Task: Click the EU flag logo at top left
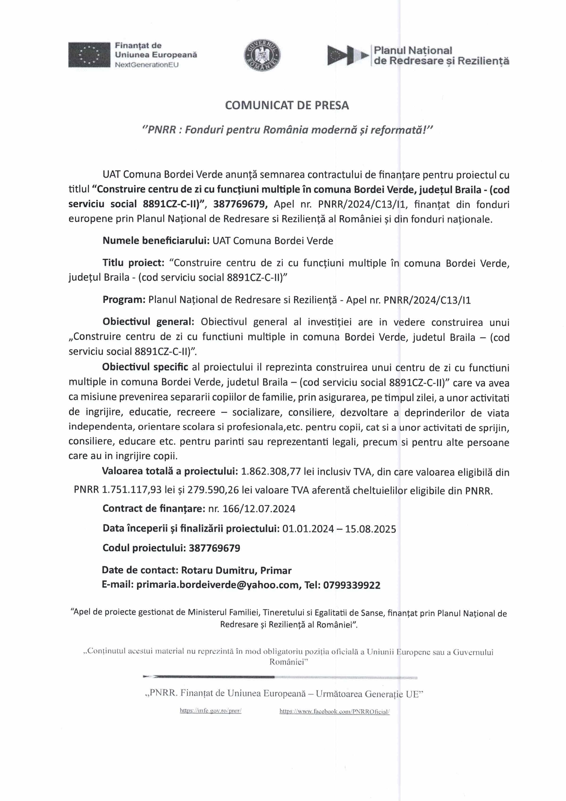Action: point(89,55)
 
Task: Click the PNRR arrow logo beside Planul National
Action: point(347,55)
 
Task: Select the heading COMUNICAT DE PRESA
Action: point(287,105)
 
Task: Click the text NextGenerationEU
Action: point(147,65)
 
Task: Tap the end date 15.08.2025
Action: point(370,529)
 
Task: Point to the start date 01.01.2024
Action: point(308,529)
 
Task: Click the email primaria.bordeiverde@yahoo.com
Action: point(217,585)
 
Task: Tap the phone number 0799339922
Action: point(352,585)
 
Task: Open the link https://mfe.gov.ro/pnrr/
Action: point(211,711)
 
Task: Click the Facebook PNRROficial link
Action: point(334,711)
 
